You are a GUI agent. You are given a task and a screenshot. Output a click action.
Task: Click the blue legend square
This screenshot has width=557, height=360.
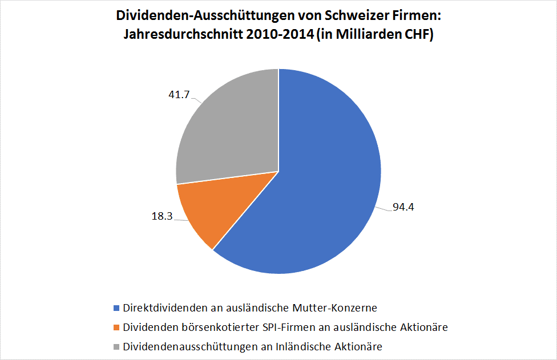[x=116, y=309]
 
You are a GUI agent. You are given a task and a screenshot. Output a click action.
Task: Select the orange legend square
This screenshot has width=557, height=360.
[x=116, y=327]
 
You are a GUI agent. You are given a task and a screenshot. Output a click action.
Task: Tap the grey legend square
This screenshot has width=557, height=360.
[x=116, y=346]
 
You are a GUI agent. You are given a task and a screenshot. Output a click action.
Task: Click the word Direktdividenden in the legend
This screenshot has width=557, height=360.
[x=158, y=308]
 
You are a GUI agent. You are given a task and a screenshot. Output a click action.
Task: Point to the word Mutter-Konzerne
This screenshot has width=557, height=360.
[x=342, y=308]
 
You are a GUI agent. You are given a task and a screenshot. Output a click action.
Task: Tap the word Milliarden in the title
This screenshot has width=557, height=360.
[x=377, y=34]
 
